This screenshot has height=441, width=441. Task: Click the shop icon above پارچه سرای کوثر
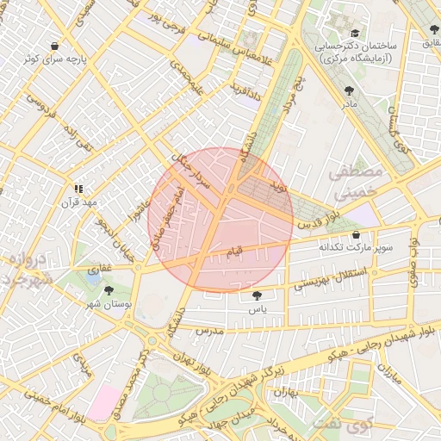pos(55,46)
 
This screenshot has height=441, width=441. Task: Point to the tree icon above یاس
pos(255,295)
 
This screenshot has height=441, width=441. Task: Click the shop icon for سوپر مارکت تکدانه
pos(356,234)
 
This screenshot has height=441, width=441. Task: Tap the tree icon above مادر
pos(348,90)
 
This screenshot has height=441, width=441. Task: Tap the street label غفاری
pos(102,269)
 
